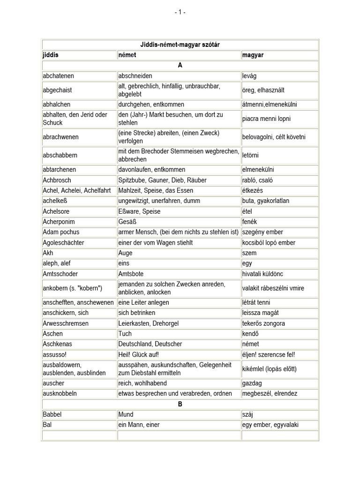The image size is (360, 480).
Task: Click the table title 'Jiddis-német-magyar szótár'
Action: click(180, 45)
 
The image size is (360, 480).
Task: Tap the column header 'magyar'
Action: click(253, 55)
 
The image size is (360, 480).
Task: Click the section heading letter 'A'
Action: click(180, 65)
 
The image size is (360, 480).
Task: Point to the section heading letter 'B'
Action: click(180, 404)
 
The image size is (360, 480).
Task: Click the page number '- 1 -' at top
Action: click(180, 12)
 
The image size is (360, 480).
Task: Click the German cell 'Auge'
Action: click(125, 253)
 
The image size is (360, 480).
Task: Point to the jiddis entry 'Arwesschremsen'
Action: click(65, 323)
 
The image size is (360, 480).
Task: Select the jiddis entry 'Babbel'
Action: click(52, 414)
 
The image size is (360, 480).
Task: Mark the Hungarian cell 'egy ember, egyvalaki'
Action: click(270, 425)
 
